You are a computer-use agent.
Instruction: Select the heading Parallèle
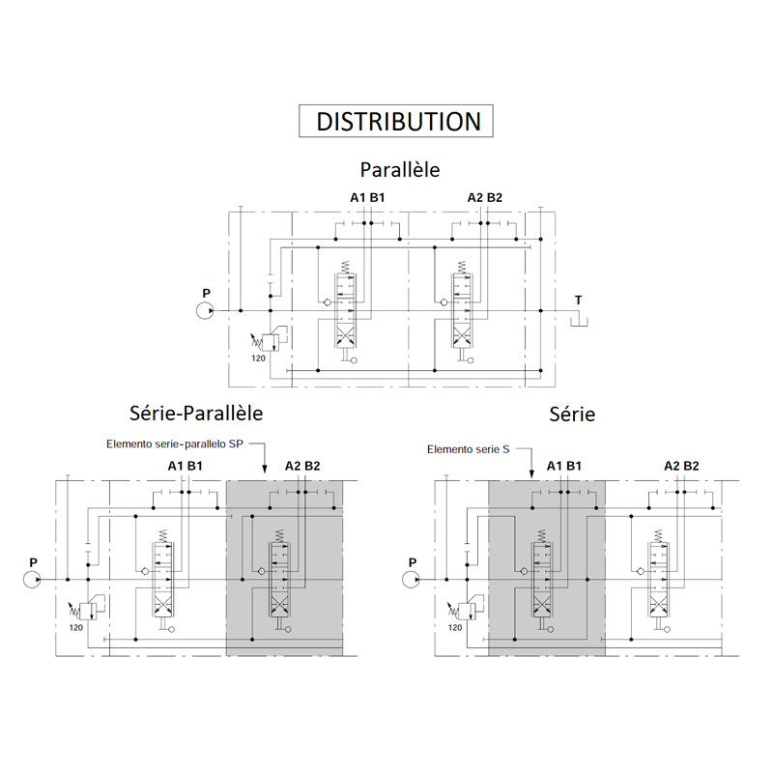click(x=400, y=170)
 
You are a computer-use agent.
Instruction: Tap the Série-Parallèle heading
click(x=196, y=414)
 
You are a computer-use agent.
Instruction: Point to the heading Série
click(x=572, y=415)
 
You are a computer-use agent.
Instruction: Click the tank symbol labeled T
click(x=579, y=322)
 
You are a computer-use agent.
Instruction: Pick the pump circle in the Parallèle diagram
click(x=205, y=310)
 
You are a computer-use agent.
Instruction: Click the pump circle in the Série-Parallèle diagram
click(x=33, y=579)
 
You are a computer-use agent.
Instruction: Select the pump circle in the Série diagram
click(x=412, y=579)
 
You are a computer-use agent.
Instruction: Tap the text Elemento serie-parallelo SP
click(x=175, y=444)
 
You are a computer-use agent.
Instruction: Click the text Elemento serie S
click(x=469, y=449)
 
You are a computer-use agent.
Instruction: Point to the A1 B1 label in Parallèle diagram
click(x=367, y=198)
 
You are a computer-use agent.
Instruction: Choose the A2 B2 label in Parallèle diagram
click(x=485, y=198)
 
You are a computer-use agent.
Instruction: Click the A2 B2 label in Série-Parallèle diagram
click(x=302, y=466)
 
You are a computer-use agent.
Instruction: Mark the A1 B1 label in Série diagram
click(x=564, y=466)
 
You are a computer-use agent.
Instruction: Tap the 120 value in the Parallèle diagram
click(x=258, y=358)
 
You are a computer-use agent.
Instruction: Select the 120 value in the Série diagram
click(x=455, y=627)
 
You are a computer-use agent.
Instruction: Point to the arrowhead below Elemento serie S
click(x=531, y=474)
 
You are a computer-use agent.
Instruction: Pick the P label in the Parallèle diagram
click(x=206, y=294)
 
